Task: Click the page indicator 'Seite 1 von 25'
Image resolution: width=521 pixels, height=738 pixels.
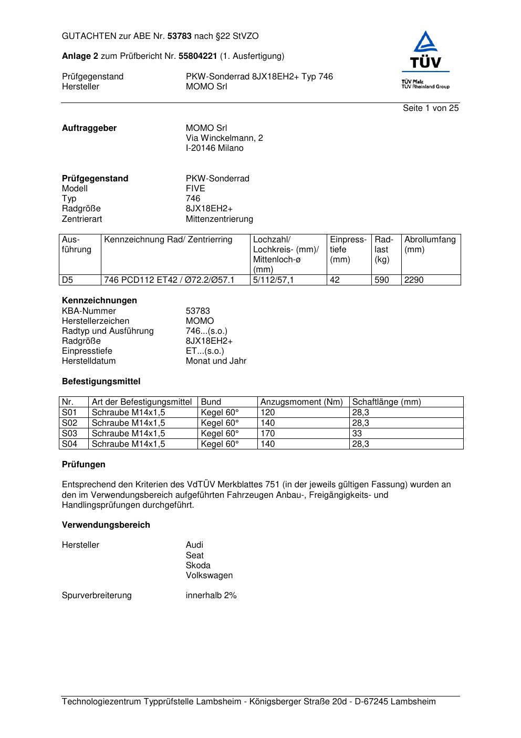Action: (431, 108)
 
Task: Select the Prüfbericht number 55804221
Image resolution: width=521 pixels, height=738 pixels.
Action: (198, 56)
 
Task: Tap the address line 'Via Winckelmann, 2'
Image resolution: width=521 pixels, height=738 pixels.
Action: (224, 138)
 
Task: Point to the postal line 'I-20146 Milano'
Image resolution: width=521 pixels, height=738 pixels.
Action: (214, 148)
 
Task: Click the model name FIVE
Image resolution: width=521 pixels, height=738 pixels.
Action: (195, 189)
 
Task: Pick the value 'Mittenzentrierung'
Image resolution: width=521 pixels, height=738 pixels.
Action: (219, 219)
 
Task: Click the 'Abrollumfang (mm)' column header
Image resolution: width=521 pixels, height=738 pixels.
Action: (430, 244)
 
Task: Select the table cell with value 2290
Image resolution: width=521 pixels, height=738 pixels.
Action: (413, 280)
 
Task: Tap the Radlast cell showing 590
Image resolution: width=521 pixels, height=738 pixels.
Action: (382, 280)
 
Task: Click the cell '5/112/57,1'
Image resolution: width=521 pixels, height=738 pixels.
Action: (273, 280)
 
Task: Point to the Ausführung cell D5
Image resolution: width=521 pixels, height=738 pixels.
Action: (68, 280)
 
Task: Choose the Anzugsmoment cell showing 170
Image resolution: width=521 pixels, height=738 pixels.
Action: (267, 434)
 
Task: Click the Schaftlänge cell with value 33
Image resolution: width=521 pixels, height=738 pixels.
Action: (357, 434)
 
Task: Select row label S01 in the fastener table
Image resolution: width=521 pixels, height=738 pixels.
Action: (69, 413)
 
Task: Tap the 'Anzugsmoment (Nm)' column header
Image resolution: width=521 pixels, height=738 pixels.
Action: (301, 402)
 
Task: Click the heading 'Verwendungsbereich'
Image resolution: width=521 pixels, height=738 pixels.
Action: (106, 525)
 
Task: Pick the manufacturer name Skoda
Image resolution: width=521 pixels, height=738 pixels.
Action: (198, 566)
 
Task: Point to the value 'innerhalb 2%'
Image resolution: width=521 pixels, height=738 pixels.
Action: (211, 596)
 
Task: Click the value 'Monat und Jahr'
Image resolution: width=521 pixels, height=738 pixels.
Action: (216, 361)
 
